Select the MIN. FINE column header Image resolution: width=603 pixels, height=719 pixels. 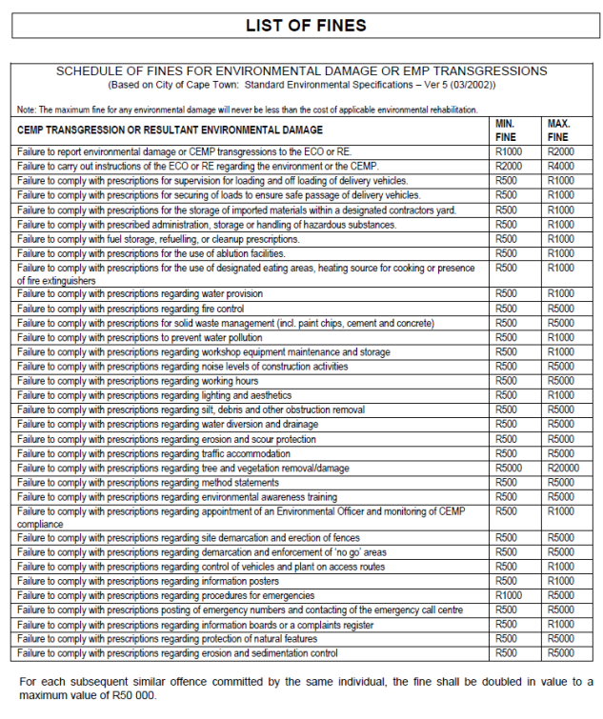tap(506, 130)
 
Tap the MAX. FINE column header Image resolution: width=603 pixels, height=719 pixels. tap(558, 130)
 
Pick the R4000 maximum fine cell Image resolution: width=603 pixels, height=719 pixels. tap(559, 166)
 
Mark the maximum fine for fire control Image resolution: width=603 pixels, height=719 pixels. tap(559, 309)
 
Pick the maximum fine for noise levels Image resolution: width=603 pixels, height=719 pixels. tap(559, 366)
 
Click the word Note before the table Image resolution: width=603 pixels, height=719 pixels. tap(28, 110)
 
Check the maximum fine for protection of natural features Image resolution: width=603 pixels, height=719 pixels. tap(559, 638)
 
